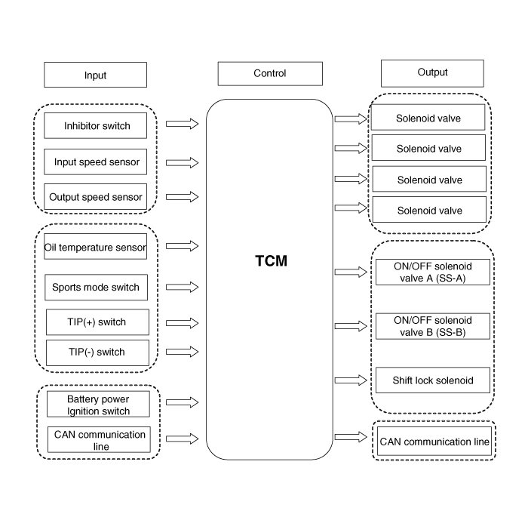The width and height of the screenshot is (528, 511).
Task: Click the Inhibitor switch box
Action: coord(96,126)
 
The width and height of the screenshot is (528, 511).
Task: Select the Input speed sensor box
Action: coord(96,162)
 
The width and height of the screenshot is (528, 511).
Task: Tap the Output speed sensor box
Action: coord(96,197)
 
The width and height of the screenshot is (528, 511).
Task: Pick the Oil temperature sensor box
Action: coord(96,246)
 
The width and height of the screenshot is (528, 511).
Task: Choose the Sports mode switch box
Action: coord(96,288)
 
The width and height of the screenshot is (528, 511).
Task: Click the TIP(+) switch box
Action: coord(96,322)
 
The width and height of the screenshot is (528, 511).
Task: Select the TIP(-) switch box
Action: coord(96,352)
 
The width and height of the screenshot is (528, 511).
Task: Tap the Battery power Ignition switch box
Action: coord(98,405)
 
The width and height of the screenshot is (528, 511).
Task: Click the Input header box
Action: coord(95,75)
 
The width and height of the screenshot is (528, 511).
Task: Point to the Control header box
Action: coord(269,73)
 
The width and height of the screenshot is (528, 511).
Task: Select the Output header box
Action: coord(432,72)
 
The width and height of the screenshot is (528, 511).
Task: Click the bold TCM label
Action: coord(271,262)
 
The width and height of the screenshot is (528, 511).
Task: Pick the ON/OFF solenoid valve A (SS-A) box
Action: coord(432,272)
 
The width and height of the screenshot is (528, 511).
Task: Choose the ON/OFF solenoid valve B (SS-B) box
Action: coord(432,326)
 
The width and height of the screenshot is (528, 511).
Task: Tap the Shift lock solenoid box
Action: coord(432,380)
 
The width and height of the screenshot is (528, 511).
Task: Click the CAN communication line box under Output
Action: coord(434,442)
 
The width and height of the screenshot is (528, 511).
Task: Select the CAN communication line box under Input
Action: coord(98,440)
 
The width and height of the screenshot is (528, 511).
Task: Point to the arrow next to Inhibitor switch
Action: coord(182,124)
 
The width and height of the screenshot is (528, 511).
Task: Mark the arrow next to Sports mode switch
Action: coord(182,287)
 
